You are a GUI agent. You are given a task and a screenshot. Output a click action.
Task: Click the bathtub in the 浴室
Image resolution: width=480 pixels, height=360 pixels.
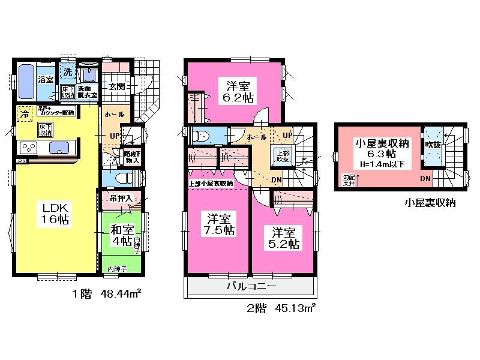[x=26, y=83]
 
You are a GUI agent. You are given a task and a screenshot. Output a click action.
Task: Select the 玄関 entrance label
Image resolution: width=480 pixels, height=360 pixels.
[x=116, y=86]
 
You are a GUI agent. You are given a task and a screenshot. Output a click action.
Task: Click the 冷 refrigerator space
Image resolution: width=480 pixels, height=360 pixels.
[x=25, y=113]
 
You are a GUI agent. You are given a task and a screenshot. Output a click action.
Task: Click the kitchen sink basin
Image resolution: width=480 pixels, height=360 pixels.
[x=58, y=148]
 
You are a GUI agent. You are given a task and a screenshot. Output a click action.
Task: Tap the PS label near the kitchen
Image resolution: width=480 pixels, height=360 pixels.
[x=22, y=161]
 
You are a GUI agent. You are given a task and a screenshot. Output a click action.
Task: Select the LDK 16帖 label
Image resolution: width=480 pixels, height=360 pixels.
[x=55, y=213]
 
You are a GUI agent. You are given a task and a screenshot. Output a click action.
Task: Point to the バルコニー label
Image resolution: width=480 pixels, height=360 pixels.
[x=251, y=287]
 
